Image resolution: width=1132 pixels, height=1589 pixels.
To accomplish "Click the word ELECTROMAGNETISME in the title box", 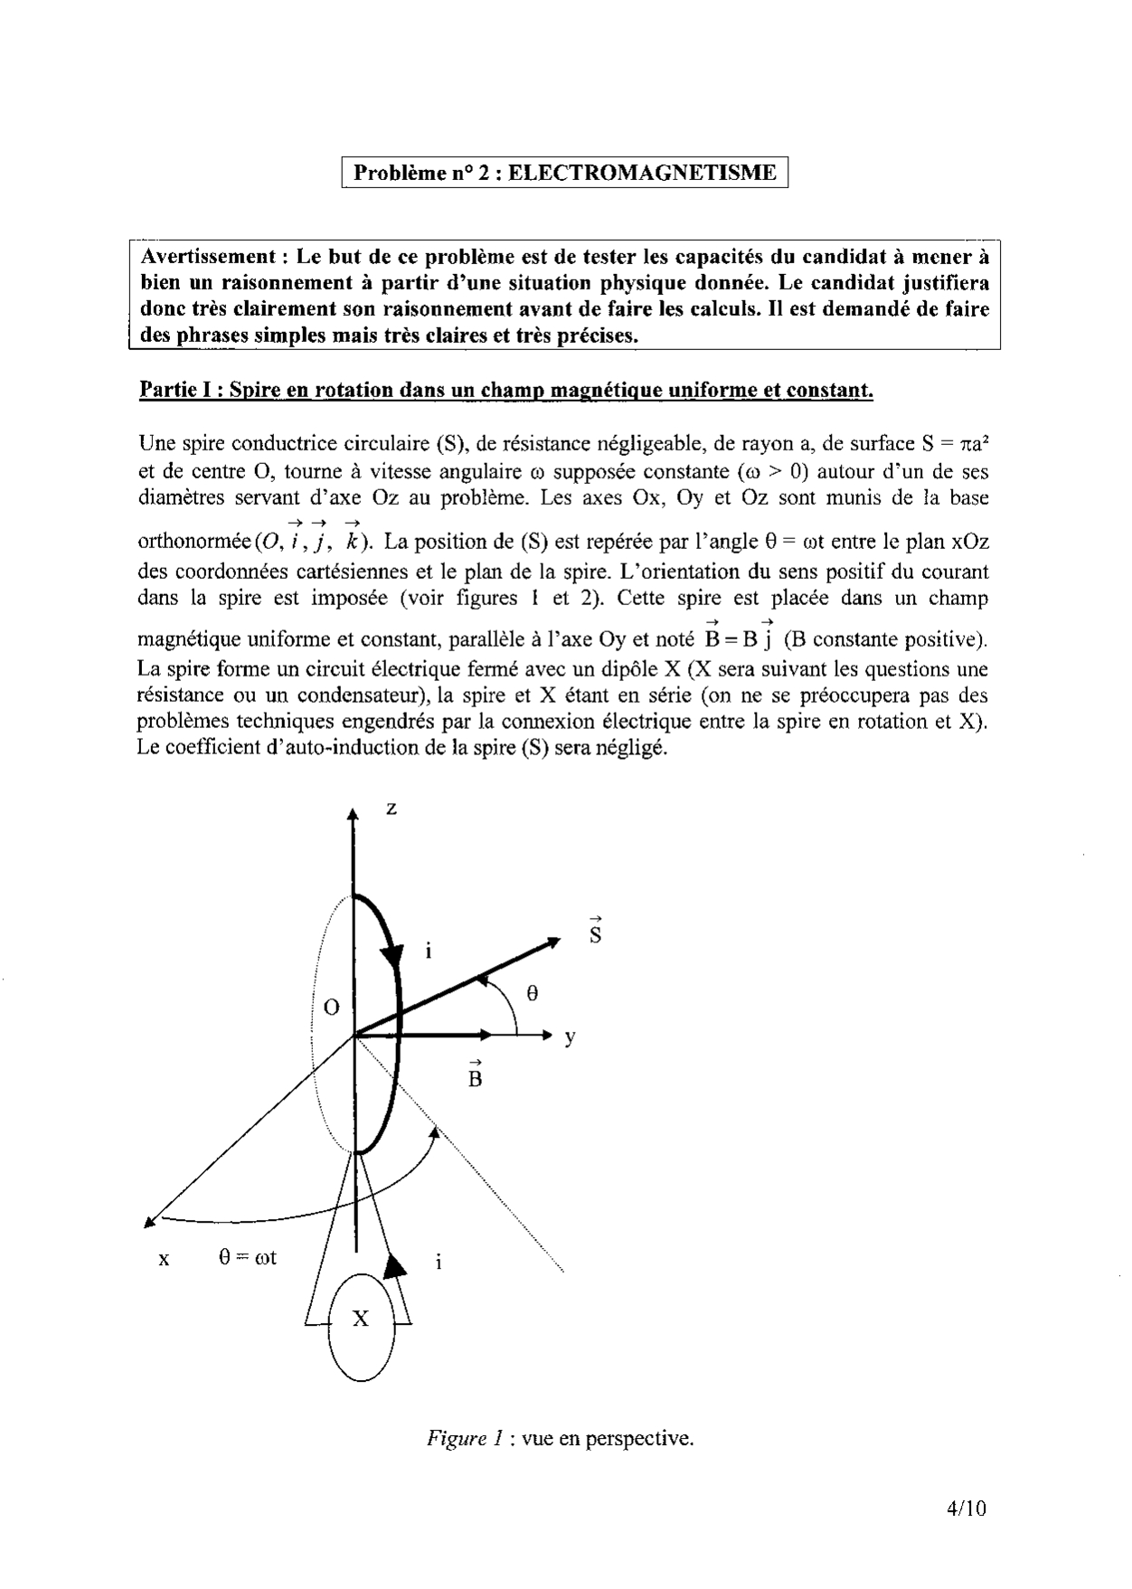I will coord(642,173).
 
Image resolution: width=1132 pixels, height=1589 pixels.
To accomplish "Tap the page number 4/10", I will coord(967,1508).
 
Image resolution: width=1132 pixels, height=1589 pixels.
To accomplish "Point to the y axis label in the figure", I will coord(570,1038).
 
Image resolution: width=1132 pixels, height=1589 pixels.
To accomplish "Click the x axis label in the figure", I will coord(164,1259).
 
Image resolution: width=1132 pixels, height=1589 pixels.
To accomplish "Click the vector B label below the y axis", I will coord(476,1075).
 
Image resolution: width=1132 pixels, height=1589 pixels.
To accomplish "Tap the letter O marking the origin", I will coord(332,1007).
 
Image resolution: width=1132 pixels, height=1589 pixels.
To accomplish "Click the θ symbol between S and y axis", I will coord(533,993).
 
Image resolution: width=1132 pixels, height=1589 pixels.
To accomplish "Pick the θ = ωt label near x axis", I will coord(247,1257).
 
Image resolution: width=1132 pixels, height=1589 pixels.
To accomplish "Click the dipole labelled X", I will coord(361,1319).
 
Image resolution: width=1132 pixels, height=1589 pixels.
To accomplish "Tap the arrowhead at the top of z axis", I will coord(353,814).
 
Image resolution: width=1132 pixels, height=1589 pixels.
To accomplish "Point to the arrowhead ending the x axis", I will coord(150,1222).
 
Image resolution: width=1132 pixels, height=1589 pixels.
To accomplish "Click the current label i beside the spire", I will coord(429,951).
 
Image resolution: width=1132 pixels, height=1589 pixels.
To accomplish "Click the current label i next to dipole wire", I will coord(439,1262).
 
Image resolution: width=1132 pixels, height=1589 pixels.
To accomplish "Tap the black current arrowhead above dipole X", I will coord(395,1266).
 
